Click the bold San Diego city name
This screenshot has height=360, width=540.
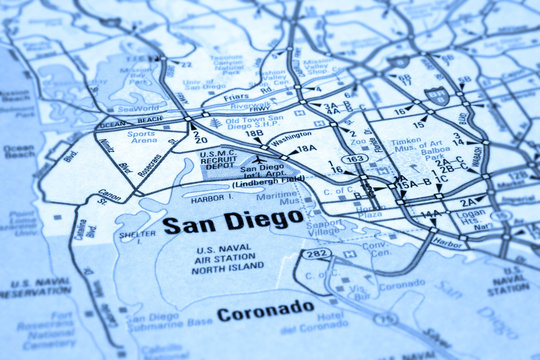[232, 223]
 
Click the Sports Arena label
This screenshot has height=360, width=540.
[142, 138]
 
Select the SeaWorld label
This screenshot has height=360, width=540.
[137, 108]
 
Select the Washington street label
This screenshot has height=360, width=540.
[290, 134]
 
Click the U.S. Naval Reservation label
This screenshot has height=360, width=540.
[34, 287]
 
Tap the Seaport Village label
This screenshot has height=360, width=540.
[324, 229]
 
